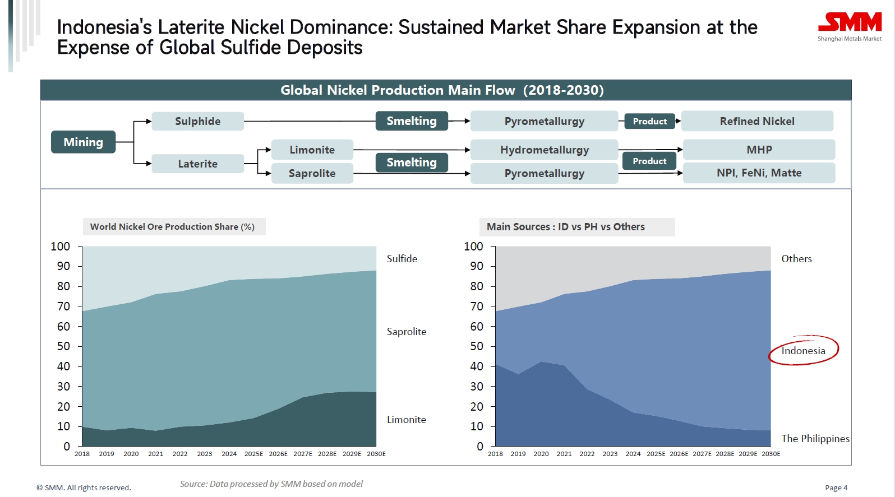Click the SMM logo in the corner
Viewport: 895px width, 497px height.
pyautogui.click(x=849, y=26)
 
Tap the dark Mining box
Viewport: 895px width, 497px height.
pyautogui.click(x=83, y=142)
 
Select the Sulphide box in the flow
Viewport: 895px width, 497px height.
pyautogui.click(x=197, y=121)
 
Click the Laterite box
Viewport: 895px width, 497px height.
pyautogui.click(x=197, y=164)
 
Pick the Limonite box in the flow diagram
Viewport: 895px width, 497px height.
pyautogui.click(x=312, y=150)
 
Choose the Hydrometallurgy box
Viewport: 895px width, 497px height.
pyautogui.click(x=544, y=150)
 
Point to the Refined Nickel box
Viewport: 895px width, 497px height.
pyautogui.click(x=756, y=121)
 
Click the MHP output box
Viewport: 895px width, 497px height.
pyautogui.click(x=759, y=150)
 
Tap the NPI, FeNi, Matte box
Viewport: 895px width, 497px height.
pyautogui.click(x=759, y=173)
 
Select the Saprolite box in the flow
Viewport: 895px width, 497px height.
pyautogui.click(x=312, y=174)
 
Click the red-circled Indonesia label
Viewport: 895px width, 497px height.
pyautogui.click(x=803, y=351)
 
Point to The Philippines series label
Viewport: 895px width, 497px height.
pyautogui.click(x=815, y=439)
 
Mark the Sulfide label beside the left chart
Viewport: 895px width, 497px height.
pyautogui.click(x=402, y=259)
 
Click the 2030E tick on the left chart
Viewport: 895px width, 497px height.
pyautogui.click(x=376, y=454)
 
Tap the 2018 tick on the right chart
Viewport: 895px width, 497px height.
pyautogui.click(x=495, y=454)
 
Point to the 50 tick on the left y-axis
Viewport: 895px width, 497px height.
pyautogui.click(x=63, y=346)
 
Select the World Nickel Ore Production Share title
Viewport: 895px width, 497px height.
pyautogui.click(x=172, y=227)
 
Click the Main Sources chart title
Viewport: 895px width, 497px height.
pyautogui.click(x=565, y=227)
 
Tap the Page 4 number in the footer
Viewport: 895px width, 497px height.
pyautogui.click(x=836, y=488)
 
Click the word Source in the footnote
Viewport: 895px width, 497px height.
pyautogui.click(x=192, y=484)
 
